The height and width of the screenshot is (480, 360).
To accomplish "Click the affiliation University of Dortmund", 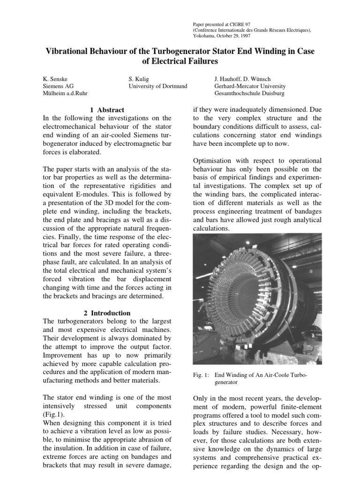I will click(x=157, y=86).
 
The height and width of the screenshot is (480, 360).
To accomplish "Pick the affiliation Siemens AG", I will click(x=58, y=86).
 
